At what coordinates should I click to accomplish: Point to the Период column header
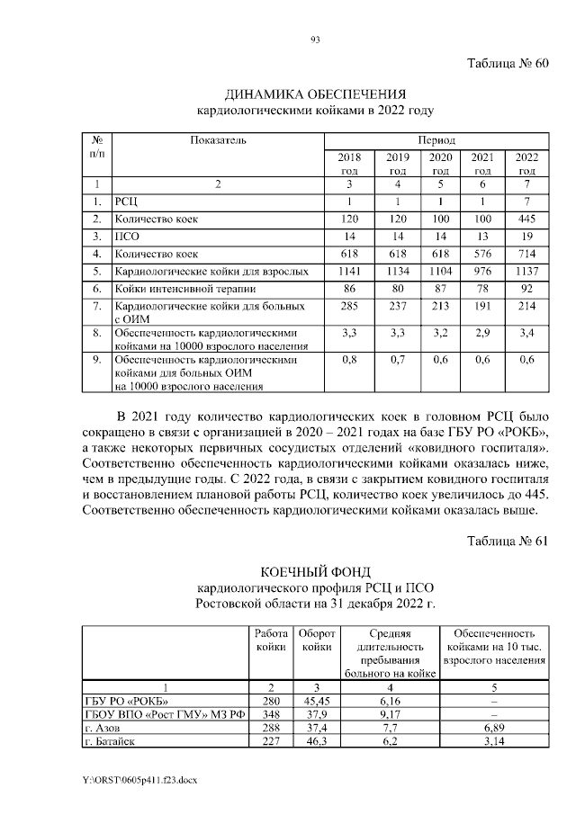pyautogui.click(x=436, y=140)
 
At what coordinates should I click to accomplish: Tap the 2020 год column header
pyautogui.click(x=440, y=164)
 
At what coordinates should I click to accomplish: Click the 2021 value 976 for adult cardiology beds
pyautogui.click(x=482, y=270)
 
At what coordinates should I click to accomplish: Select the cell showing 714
pyautogui.click(x=526, y=254)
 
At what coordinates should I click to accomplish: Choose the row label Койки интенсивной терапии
pyautogui.click(x=179, y=289)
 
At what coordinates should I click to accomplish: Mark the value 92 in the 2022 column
pyautogui.click(x=526, y=289)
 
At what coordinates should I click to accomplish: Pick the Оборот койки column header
pyautogui.click(x=317, y=640)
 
